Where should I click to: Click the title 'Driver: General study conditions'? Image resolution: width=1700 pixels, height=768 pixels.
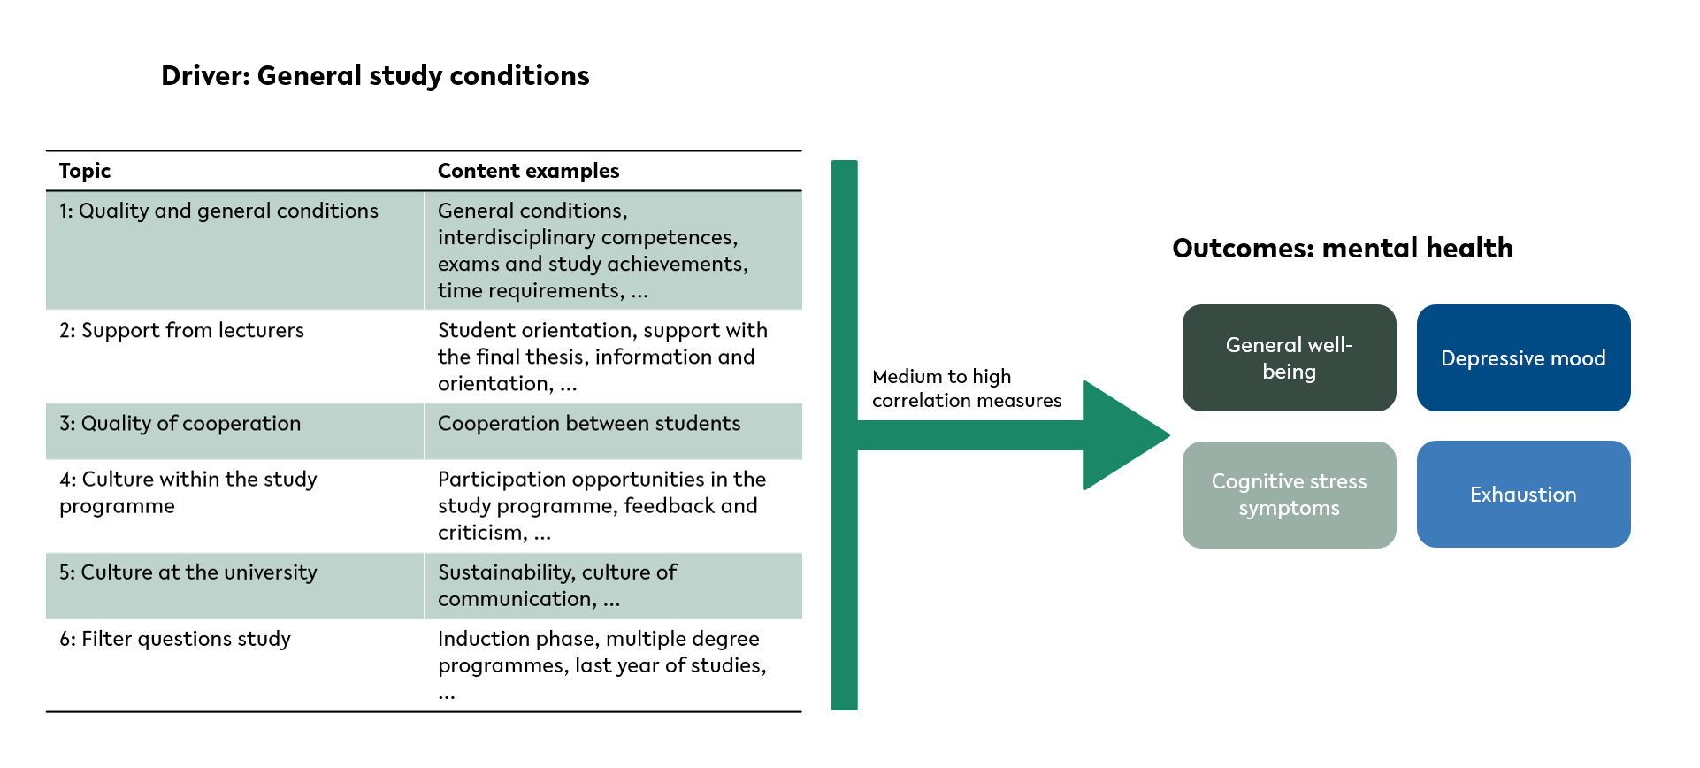tap(375, 76)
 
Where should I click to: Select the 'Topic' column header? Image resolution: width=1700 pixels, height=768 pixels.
tap(85, 171)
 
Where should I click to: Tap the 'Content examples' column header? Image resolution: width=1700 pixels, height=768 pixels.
tap(528, 171)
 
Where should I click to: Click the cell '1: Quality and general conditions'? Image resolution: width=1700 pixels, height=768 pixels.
tap(218, 211)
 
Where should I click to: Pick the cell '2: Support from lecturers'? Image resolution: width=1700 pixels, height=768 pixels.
tap(181, 330)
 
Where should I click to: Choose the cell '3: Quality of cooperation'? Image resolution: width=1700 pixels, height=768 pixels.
tap(180, 423)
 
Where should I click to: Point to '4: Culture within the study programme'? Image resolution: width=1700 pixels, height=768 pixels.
tap(188, 492)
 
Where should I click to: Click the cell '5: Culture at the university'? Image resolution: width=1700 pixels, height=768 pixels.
tap(188, 572)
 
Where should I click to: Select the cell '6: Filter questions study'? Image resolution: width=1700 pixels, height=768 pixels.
tap(174, 639)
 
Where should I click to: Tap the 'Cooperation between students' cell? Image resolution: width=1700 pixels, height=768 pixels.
tap(589, 423)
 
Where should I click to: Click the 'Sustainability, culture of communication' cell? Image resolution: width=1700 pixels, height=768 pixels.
tap(557, 586)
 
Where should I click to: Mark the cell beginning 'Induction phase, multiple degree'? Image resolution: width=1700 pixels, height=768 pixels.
tap(602, 665)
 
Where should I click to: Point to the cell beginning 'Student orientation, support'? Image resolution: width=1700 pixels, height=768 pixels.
tap(602, 357)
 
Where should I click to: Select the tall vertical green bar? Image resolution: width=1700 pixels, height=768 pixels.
tap(845, 435)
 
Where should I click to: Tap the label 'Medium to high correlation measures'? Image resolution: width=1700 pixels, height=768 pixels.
tap(967, 388)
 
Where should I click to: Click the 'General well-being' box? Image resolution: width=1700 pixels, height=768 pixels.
tap(1289, 357)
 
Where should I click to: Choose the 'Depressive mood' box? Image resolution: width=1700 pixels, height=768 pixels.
tap(1523, 357)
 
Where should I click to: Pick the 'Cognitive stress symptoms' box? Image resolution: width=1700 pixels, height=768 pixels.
tap(1289, 495)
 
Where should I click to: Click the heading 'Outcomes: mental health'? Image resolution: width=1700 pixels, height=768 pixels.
tap(1343, 249)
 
